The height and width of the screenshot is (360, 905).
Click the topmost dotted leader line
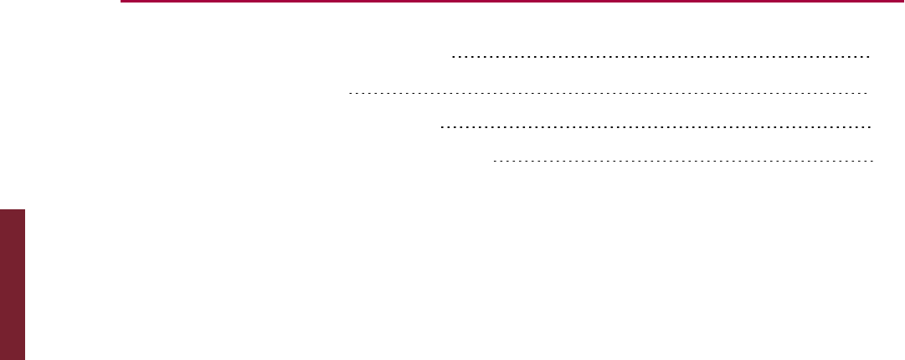click(661, 58)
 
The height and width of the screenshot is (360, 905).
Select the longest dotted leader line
click(608, 92)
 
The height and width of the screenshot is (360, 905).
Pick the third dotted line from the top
click(656, 126)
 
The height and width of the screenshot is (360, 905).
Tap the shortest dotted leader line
click(683, 159)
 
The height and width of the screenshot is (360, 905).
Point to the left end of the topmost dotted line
click(452, 58)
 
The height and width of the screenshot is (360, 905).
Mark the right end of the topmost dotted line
click(872, 58)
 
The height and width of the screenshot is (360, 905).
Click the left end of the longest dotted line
click(348, 92)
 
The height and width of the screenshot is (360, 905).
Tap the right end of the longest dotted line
click(867, 92)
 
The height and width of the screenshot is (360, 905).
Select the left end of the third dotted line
click(440, 126)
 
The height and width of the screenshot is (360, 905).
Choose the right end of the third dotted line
click(872, 126)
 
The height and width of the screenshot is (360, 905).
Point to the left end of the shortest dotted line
click(494, 159)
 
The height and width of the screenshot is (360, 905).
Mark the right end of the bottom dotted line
click(872, 159)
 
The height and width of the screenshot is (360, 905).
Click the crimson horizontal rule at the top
click(511, 2)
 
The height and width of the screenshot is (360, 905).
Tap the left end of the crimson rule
click(121, 2)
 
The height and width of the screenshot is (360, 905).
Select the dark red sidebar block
click(13, 285)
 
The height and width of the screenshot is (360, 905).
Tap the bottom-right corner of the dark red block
click(25, 359)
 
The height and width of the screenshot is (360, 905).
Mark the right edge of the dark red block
click(25, 285)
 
